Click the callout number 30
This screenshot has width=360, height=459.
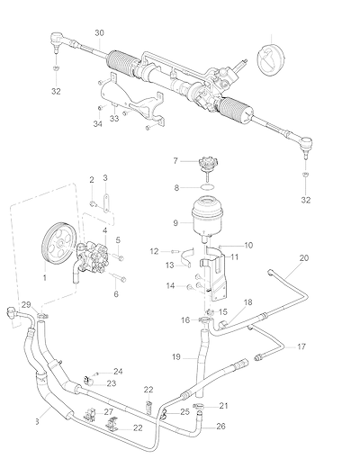[99, 32]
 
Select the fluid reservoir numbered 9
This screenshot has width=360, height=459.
[204, 218]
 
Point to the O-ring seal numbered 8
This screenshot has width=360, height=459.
[208, 187]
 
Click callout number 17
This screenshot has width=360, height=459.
[301, 346]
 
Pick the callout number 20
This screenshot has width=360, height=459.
[304, 257]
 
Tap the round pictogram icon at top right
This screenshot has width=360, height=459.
[271, 59]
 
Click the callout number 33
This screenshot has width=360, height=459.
[114, 119]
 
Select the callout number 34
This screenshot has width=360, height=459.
[97, 123]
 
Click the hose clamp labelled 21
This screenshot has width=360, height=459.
[199, 406]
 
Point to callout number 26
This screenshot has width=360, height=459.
[220, 426]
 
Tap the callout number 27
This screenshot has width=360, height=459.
[109, 411]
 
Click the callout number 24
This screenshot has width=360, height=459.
[118, 372]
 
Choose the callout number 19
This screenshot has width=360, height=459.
[176, 357]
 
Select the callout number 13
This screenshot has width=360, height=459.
[170, 265]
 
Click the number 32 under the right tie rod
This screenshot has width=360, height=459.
[306, 200]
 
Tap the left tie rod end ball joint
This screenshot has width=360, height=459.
[56, 39]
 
